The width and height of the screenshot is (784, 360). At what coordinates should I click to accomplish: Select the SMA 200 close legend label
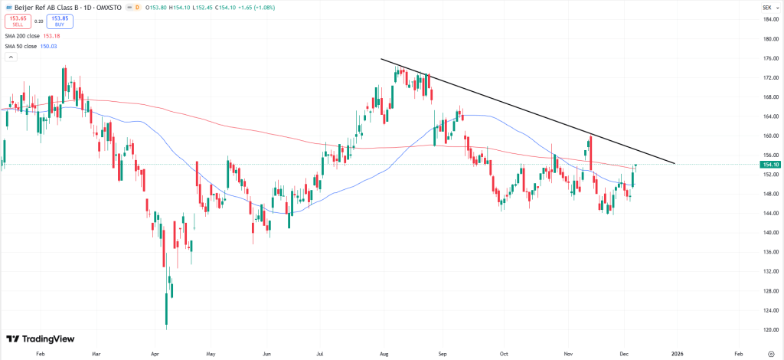(21, 35)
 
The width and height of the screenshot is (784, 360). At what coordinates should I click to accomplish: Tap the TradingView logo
(35, 339)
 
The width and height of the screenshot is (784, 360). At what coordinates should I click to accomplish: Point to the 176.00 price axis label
(770, 58)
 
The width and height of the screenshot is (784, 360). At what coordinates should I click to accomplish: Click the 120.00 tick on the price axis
(770, 330)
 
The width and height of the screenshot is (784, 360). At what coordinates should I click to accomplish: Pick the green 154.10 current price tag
(770, 165)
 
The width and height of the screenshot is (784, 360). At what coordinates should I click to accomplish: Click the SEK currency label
(766, 6)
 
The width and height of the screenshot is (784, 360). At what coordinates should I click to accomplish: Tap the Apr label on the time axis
(155, 355)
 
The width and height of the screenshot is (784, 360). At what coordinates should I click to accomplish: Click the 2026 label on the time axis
(677, 355)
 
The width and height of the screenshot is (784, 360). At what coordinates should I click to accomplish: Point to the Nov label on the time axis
(568, 355)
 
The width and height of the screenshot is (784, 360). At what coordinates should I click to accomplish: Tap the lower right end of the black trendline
(675, 163)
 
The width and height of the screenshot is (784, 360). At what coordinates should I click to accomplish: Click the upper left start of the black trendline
(381, 59)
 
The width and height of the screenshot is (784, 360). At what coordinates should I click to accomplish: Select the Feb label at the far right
(738, 355)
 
